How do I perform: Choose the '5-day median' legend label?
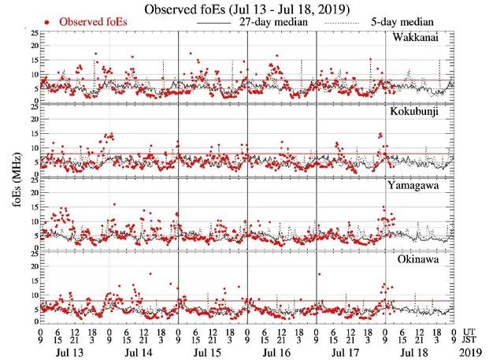click(402, 22)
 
